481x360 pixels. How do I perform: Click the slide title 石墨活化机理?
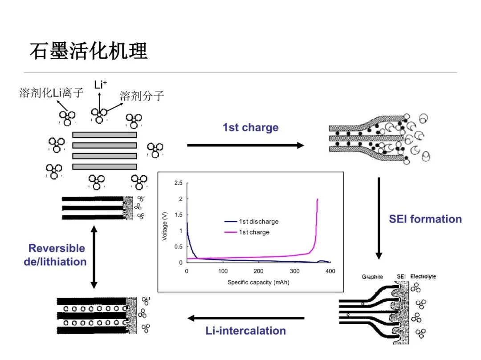coord(88,51)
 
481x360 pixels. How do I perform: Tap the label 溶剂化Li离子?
coord(51,93)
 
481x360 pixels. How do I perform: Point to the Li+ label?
coord(100,85)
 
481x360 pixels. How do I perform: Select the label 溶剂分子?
coord(142,96)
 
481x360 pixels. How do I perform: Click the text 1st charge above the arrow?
coord(251,127)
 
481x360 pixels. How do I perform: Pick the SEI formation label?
coord(425,219)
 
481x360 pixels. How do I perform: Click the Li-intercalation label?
coord(246,331)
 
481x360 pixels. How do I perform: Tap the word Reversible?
coord(57,248)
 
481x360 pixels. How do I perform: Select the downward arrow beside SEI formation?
coord(379,218)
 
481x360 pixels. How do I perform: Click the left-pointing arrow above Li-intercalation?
coord(246,318)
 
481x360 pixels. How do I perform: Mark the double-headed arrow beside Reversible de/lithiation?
coord(94,257)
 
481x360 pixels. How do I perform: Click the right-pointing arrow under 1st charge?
coord(245,145)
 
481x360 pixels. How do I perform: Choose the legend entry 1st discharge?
coord(252,222)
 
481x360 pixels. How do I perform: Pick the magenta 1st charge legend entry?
coord(247,232)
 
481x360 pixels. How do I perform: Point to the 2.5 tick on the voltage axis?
coord(178,183)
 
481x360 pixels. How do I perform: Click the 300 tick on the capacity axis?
coord(294,271)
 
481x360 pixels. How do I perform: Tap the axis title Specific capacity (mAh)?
coord(258,282)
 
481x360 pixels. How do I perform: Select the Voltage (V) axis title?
coord(165,226)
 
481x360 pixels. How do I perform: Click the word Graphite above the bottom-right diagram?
coord(372,277)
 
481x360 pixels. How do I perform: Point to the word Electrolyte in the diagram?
coord(423,276)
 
